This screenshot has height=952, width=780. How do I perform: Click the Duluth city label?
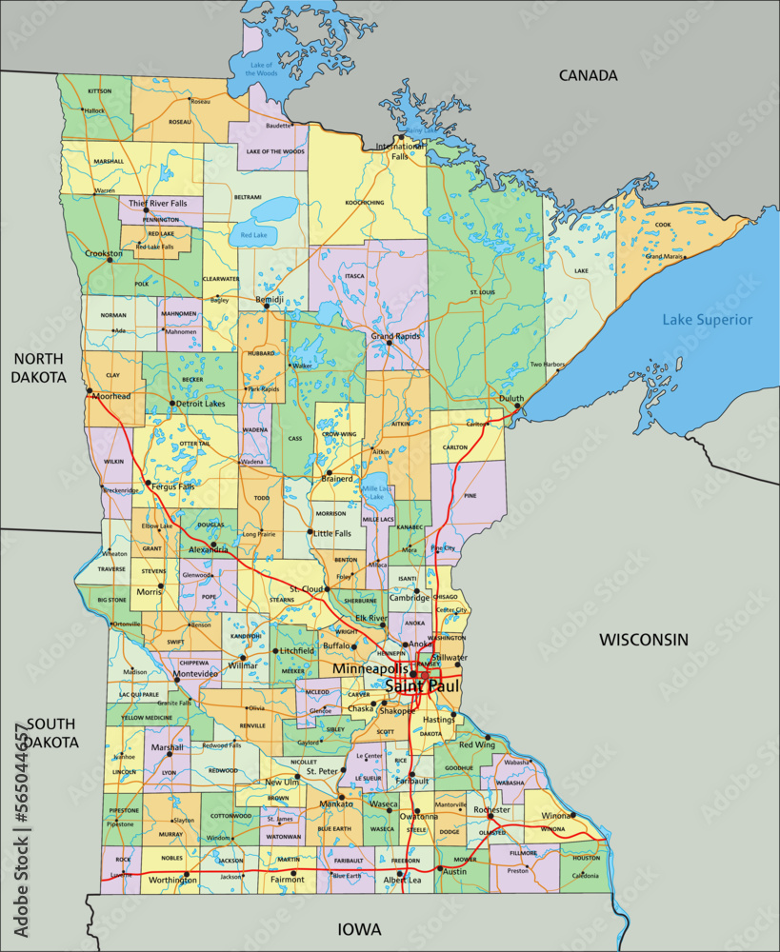[511, 399]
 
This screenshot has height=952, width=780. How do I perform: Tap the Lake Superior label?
[707, 320]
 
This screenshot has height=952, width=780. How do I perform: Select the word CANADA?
[588, 75]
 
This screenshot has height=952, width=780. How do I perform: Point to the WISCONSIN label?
[643, 640]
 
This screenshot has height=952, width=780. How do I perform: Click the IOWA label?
[359, 928]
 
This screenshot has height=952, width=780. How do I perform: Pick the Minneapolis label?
[370, 669]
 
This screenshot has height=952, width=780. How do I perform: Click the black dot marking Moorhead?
[89, 390]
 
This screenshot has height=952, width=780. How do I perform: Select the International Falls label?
[400, 151]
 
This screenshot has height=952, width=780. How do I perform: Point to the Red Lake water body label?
[253, 234]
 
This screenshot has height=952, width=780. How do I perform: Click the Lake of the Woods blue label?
[261, 69]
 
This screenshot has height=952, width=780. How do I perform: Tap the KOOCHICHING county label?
[365, 202]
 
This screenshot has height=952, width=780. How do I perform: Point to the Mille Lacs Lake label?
[377, 492]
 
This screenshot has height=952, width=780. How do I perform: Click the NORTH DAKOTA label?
[38, 367]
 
